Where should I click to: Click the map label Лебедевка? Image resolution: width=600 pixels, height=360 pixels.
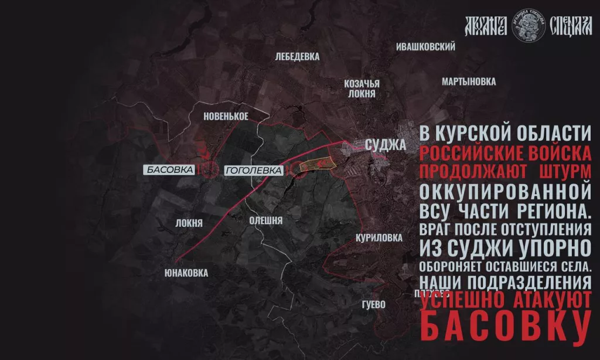297,57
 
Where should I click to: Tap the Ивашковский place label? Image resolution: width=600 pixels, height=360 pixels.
426,46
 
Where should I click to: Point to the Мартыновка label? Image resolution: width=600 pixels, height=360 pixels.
469,81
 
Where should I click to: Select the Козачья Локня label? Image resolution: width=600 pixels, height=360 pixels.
362,88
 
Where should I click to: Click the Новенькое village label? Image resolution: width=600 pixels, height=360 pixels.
226,116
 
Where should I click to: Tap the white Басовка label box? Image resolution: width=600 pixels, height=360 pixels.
170,170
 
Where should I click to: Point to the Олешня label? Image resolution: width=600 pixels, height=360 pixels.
266,220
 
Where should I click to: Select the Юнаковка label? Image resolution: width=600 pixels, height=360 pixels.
186,273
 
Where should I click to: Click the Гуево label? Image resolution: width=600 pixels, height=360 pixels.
373,305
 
